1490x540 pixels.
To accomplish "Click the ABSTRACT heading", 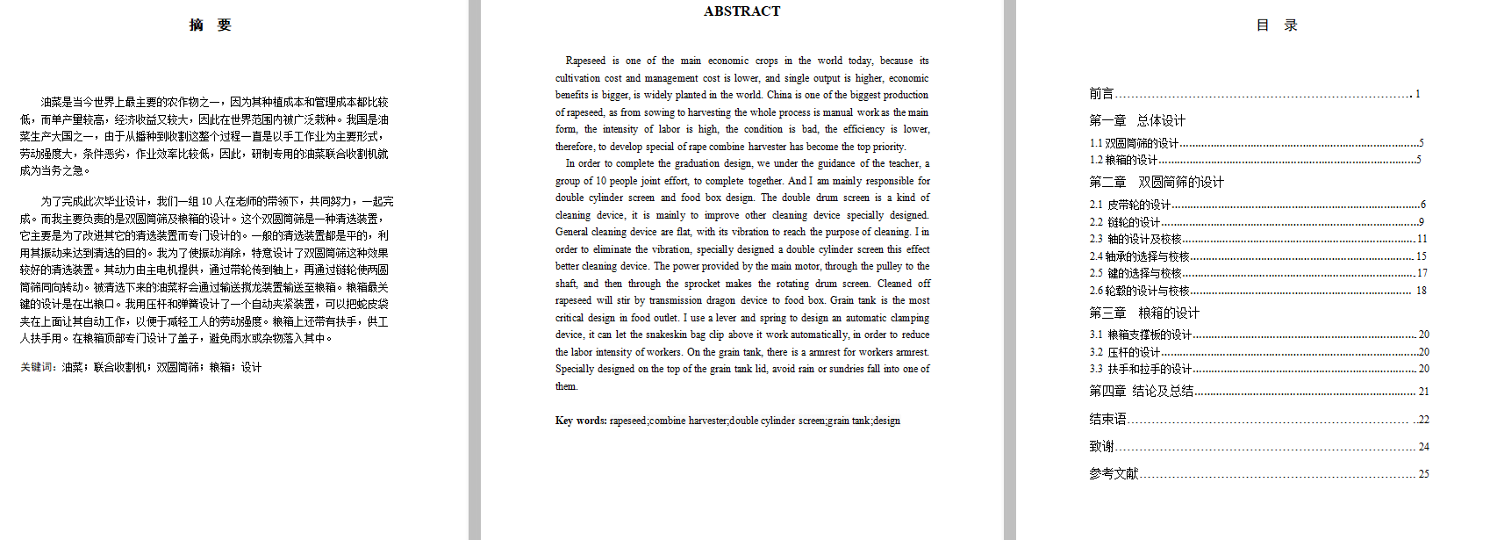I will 741,11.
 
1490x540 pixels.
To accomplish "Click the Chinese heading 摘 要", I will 211,25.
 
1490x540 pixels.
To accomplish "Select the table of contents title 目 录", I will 1277,25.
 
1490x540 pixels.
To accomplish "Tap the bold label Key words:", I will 580,421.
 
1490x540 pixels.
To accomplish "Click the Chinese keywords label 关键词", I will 38,368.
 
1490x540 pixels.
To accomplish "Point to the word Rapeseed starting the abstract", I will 585,61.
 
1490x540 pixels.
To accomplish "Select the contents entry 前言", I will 1101,94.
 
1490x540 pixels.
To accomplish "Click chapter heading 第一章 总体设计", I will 1137,121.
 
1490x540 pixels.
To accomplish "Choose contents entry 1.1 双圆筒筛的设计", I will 1135,143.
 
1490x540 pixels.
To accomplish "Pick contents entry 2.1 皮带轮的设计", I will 1130,205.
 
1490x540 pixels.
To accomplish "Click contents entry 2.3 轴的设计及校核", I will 1135,239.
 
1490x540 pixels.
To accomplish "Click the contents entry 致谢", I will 1101,446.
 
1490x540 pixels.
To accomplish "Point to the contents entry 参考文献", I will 1114,474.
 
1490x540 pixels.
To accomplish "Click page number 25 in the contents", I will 1423,474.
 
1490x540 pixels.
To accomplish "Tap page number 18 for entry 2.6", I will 1421,291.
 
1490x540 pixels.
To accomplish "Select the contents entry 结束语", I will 1107,420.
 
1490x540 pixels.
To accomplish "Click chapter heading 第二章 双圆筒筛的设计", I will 1157,183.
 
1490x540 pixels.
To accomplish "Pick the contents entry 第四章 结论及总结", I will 1141,392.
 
